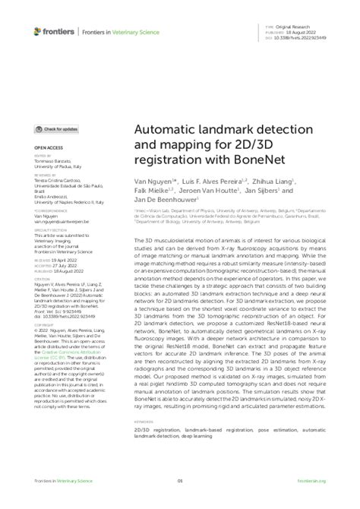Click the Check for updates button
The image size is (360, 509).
click(x=56, y=130)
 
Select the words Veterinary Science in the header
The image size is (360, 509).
click(x=121, y=31)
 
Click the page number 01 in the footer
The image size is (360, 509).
click(x=180, y=481)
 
